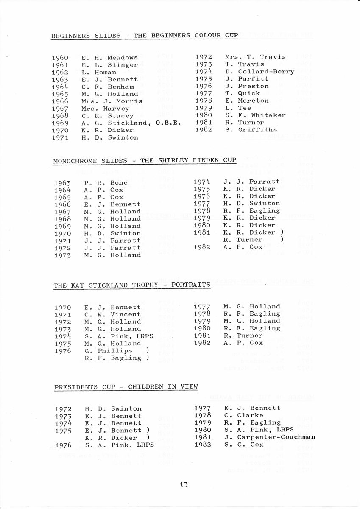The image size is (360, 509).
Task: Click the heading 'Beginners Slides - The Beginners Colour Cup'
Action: [145, 36]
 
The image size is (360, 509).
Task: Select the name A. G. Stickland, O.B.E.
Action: [131, 123]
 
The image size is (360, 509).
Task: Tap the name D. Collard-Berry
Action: [260, 72]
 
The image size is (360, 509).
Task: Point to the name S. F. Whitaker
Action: [255, 115]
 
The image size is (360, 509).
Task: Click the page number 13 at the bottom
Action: [184, 484]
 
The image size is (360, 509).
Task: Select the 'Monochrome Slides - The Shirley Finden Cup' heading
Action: [145, 160]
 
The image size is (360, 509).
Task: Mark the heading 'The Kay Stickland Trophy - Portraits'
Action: [132, 285]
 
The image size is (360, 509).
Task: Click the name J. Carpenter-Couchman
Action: [270, 437]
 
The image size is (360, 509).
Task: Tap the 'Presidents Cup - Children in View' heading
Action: [126, 387]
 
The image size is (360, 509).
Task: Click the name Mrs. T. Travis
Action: [255, 57]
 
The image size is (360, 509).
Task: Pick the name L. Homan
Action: [99, 72]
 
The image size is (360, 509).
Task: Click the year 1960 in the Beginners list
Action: [60, 58]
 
